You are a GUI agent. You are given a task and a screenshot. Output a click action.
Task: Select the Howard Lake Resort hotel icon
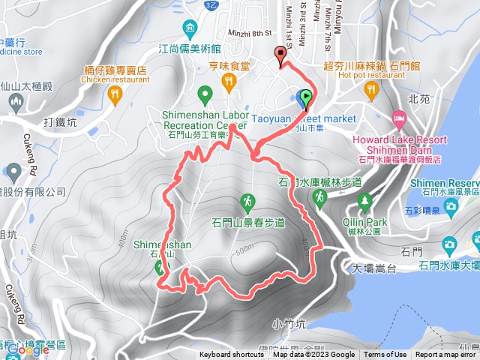coord(398,119)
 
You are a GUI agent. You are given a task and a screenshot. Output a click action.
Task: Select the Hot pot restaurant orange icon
coord(370,91)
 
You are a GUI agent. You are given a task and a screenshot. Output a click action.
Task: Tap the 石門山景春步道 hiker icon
coord(247,201)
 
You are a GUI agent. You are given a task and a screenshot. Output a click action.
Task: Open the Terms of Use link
coord(385,355)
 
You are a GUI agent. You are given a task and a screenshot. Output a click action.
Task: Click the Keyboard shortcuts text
coord(231,355)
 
